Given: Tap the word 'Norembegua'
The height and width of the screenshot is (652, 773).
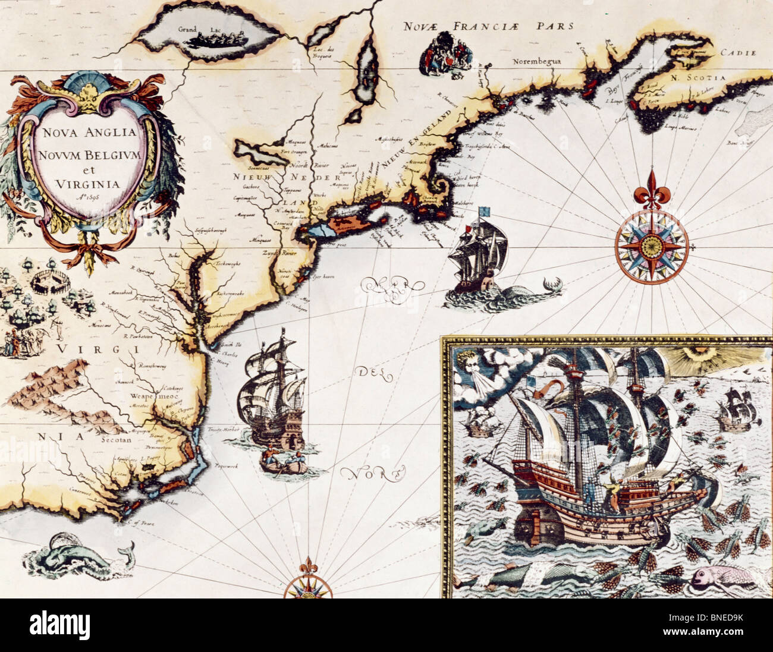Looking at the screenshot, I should (x=538, y=61).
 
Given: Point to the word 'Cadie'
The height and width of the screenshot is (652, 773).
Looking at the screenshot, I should (x=738, y=52).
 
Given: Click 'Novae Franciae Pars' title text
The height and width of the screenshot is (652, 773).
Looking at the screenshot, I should (x=488, y=26).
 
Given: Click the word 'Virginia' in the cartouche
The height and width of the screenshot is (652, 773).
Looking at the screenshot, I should (x=87, y=184).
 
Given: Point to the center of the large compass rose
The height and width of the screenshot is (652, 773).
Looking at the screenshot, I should (x=652, y=244).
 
